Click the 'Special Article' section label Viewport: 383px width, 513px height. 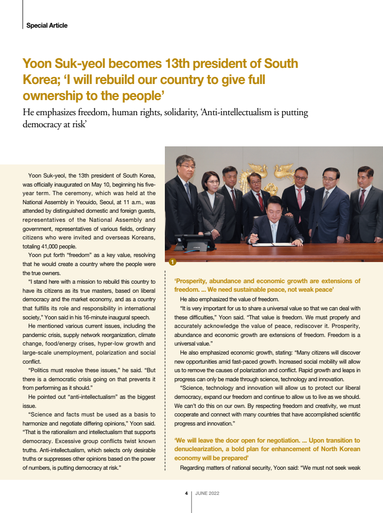click(x=46, y=25)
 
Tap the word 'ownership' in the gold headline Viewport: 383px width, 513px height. click(x=51, y=95)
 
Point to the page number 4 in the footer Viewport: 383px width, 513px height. click(x=186, y=493)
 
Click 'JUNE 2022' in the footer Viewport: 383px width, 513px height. click(x=207, y=493)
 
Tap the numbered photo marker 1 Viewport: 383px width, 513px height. click(x=172, y=262)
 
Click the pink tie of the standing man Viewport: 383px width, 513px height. click(x=300, y=198)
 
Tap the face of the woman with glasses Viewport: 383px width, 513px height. click(x=211, y=181)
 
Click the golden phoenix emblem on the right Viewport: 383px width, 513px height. click(x=285, y=174)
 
